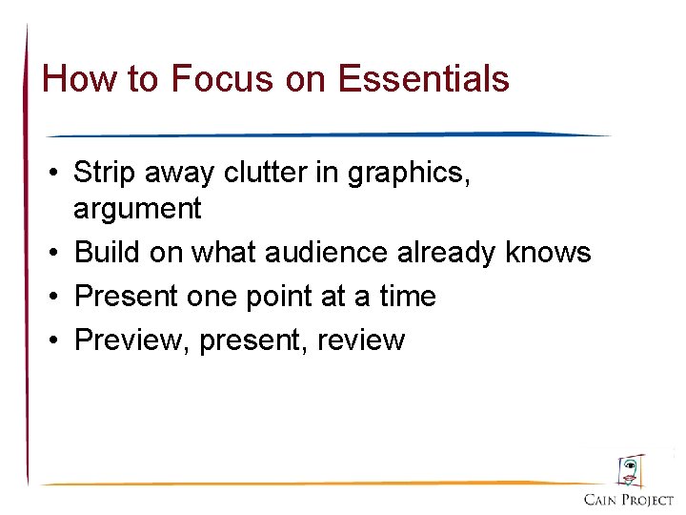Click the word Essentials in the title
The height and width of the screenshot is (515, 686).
tap(424, 79)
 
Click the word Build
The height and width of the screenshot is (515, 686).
tap(106, 252)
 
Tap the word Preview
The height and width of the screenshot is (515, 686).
tap(132, 340)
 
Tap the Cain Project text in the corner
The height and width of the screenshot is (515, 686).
tap(629, 499)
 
